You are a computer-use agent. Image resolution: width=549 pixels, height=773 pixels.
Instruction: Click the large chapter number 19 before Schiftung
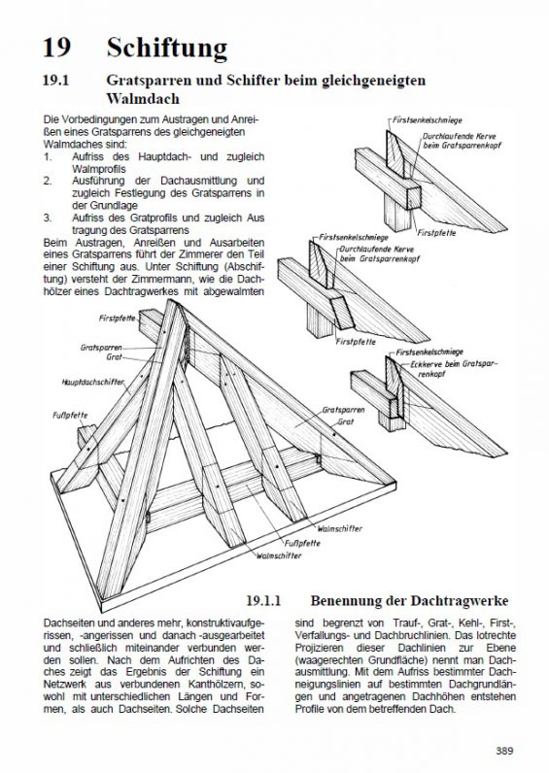click(56, 48)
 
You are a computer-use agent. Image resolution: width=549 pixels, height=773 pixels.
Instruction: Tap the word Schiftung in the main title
click(167, 49)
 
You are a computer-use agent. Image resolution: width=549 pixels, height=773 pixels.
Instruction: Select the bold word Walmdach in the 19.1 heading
click(143, 98)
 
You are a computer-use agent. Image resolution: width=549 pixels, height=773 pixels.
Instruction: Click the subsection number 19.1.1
click(263, 600)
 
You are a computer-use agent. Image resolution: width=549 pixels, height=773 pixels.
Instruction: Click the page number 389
click(504, 751)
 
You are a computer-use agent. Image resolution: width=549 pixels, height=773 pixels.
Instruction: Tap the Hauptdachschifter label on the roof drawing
click(92, 382)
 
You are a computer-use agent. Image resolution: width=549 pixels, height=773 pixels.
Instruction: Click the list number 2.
click(48, 181)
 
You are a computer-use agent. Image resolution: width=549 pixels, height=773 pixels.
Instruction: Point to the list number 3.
click(48, 218)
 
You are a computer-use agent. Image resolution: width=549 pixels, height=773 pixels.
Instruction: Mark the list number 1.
click(48, 156)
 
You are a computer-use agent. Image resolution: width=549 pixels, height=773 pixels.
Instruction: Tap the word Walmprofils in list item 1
click(99, 169)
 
